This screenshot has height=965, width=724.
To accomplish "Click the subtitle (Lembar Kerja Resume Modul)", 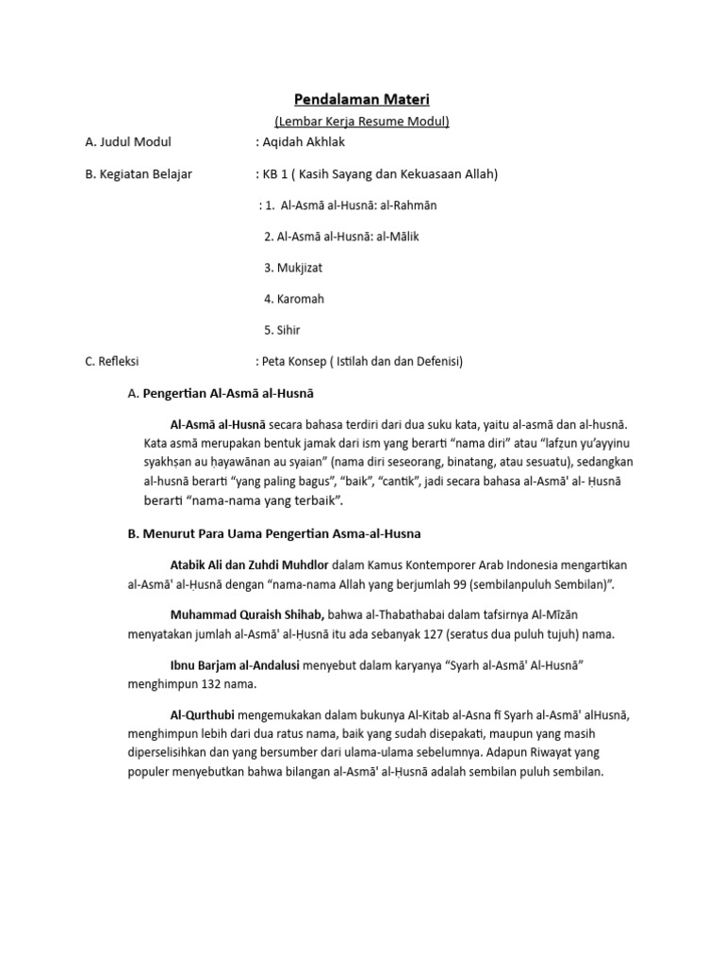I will tap(361, 122).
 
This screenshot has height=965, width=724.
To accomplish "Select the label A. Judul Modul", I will tap(128, 142).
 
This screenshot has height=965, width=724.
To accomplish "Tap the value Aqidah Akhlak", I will tap(304, 142).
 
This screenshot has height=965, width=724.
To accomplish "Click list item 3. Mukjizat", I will tap(293, 268).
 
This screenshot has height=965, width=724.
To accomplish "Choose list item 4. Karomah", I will tap(294, 299).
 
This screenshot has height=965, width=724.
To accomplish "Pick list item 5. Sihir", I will tap(283, 330).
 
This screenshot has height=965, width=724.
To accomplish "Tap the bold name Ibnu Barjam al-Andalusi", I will tap(235, 665).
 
